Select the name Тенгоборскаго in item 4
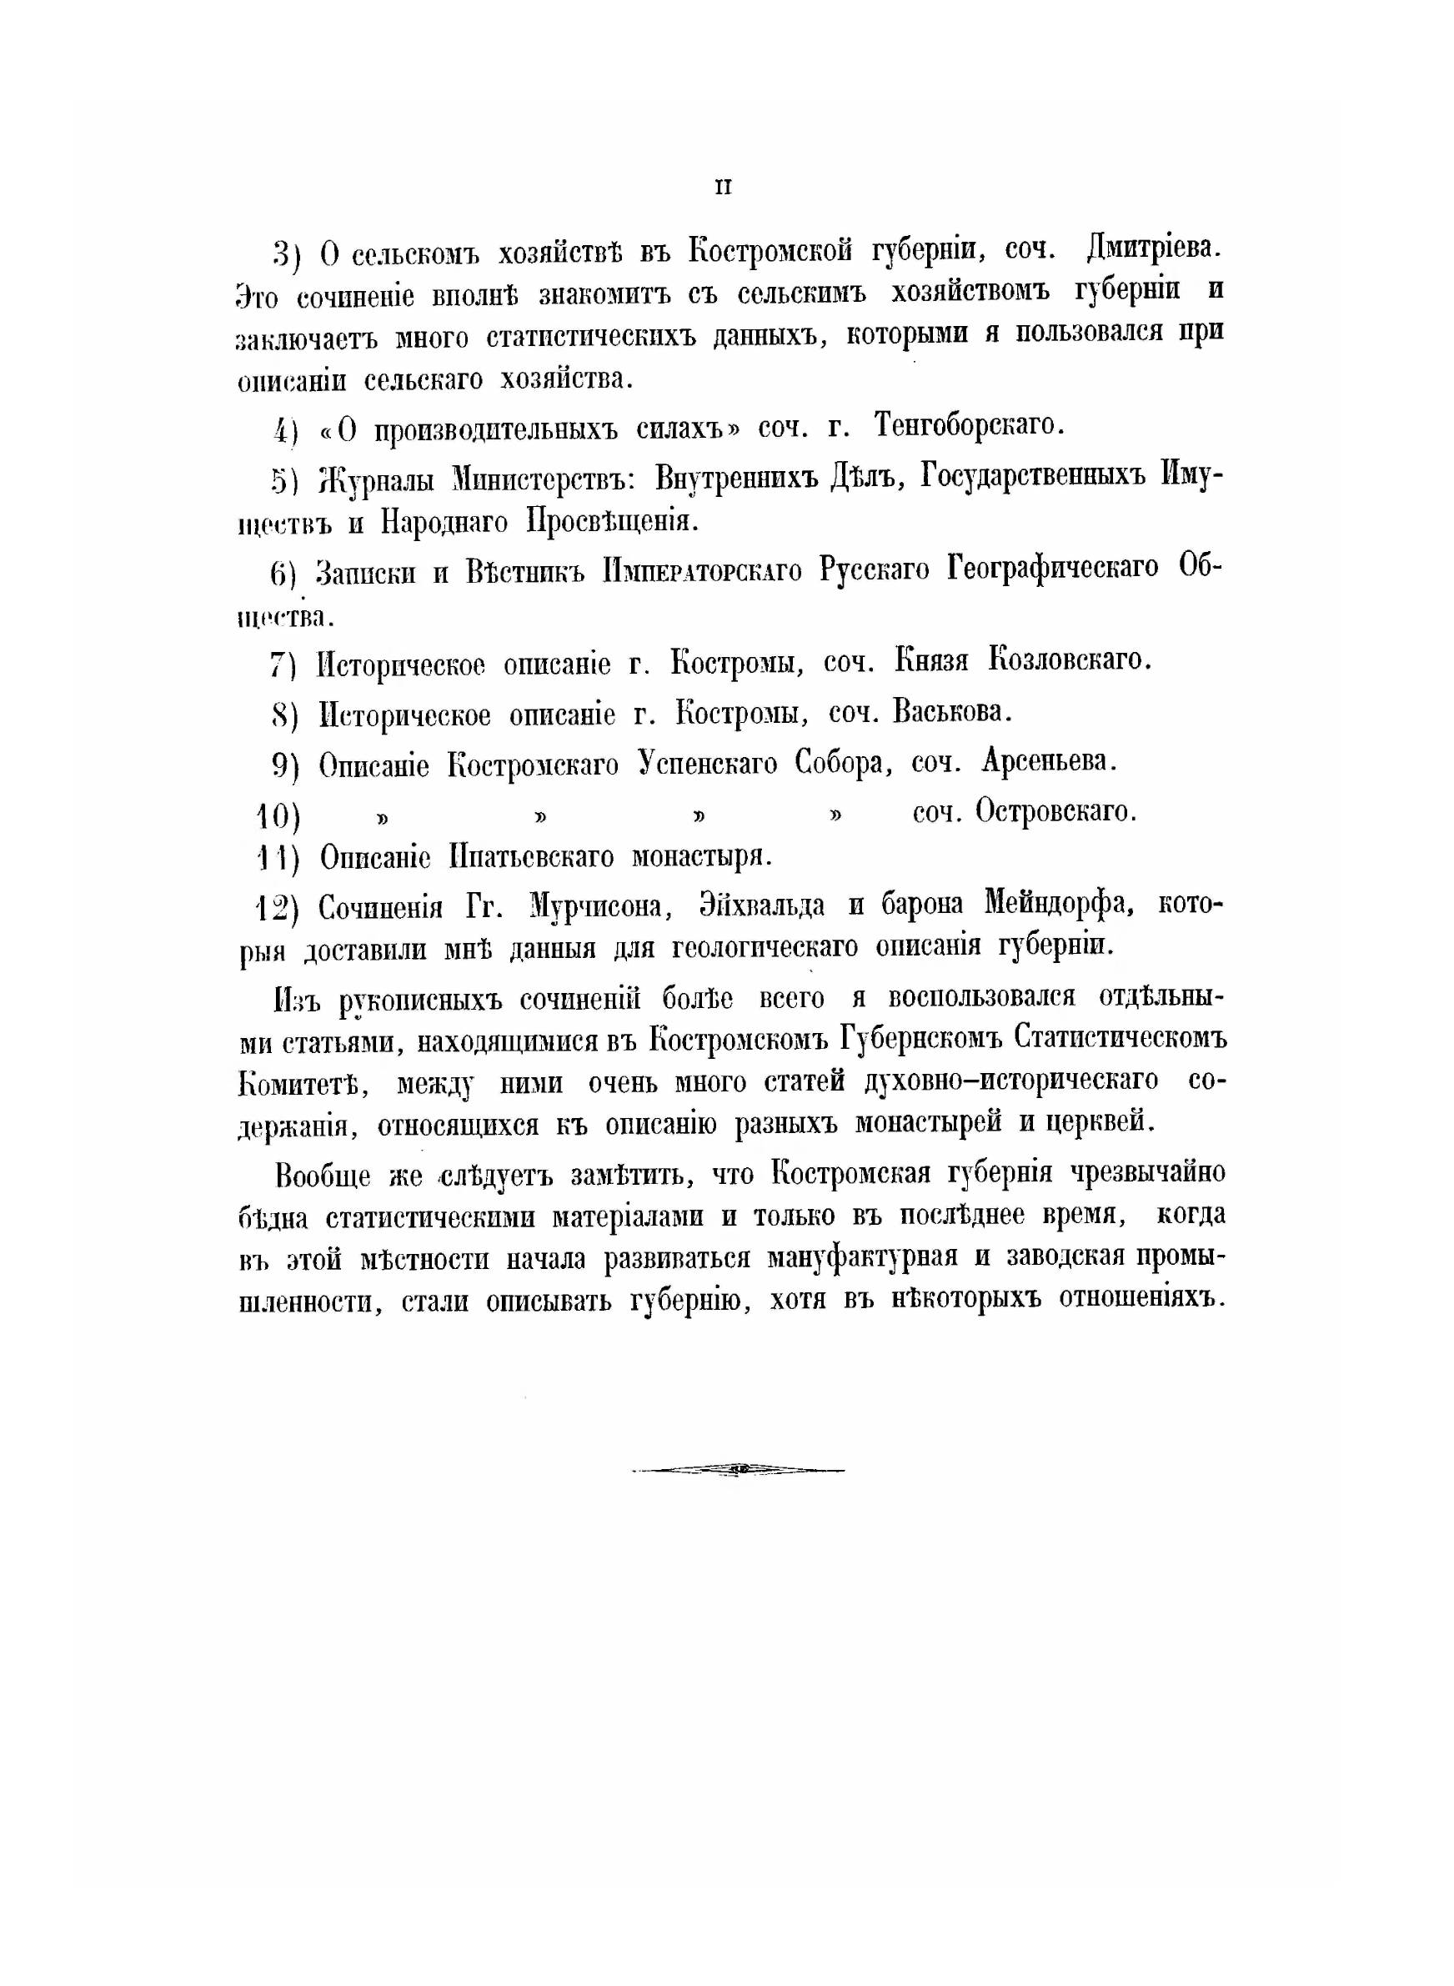969,427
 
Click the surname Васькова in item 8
951,712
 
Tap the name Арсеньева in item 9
1049,761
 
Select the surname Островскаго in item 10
1055,811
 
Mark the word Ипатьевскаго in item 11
531,856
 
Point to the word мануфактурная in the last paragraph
863,1257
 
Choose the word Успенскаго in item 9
709,763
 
